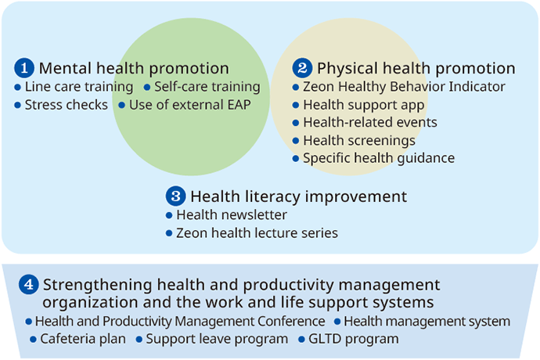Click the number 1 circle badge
click(x=24, y=68)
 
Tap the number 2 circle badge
click(x=302, y=68)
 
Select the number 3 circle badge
click(x=175, y=196)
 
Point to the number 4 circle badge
click(x=29, y=285)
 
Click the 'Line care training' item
click(x=79, y=87)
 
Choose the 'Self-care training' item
click(x=207, y=87)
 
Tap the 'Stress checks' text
click(x=66, y=105)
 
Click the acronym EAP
click(x=239, y=105)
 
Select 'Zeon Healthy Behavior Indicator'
click(x=404, y=86)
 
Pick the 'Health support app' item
click(x=364, y=105)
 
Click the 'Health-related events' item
click(x=370, y=122)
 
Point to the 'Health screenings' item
click(x=359, y=141)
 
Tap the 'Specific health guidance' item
click(x=379, y=158)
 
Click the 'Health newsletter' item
click(x=232, y=215)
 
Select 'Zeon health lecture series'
click(x=257, y=233)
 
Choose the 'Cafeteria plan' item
click(x=83, y=339)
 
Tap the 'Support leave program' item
click(x=217, y=339)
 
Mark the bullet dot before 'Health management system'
click(x=337, y=322)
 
